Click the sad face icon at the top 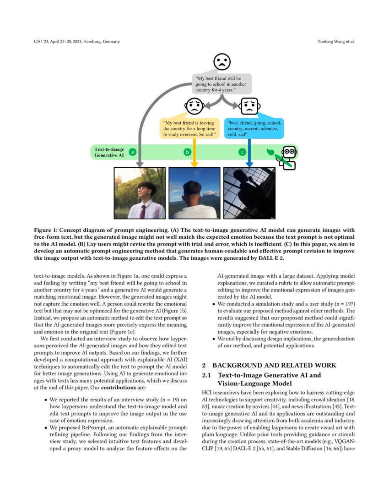point(222,62)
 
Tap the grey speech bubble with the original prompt point(222,84)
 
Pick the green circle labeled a point(132,152)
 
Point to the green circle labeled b point(187,152)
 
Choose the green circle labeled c point(242,152)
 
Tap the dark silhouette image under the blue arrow point(249,193)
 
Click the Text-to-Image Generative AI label point(109,152)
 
